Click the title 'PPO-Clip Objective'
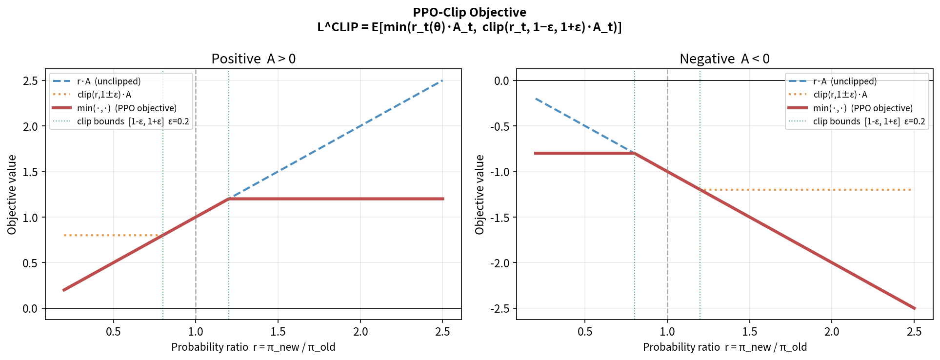(469, 12)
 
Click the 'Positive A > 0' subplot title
(253, 59)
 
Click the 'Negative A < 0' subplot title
(724, 59)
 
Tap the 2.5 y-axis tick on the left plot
(30, 81)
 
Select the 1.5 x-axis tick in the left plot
(278, 332)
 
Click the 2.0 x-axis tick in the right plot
(832, 332)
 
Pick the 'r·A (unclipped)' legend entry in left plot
(108, 81)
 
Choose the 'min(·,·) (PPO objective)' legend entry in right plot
(862, 108)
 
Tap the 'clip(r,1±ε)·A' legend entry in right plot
(840, 95)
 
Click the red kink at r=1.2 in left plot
(229, 199)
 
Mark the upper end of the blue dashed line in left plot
(441, 81)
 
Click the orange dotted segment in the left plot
(112, 236)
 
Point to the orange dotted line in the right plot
(805, 190)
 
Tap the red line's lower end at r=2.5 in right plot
(914, 308)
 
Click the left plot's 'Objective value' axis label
(12, 195)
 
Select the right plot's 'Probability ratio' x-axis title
(724, 347)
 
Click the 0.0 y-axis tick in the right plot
(501, 81)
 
